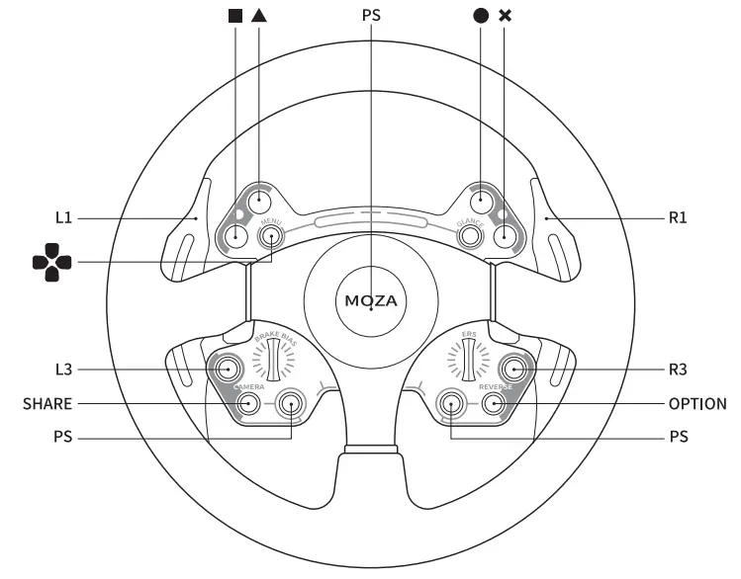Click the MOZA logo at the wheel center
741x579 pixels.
pyautogui.click(x=370, y=299)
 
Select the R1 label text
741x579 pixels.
pyautogui.click(x=677, y=216)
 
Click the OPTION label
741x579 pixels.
pyautogui.click(x=697, y=404)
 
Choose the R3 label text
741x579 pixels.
pyautogui.click(x=677, y=370)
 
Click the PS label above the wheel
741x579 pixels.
pyautogui.click(x=370, y=17)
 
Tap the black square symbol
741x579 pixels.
pyautogui.click(x=235, y=17)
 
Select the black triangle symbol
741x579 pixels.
pyautogui.click(x=259, y=17)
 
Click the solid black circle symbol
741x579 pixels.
pyautogui.click(x=481, y=17)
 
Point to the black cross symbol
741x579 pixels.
pyautogui.click(x=507, y=17)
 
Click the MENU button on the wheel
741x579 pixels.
pyautogui.click(x=270, y=235)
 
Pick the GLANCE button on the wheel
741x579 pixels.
pyautogui.click(x=469, y=235)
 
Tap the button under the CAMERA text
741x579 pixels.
pyautogui.click(x=248, y=403)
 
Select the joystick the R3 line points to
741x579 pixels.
pyautogui.click(x=512, y=370)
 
